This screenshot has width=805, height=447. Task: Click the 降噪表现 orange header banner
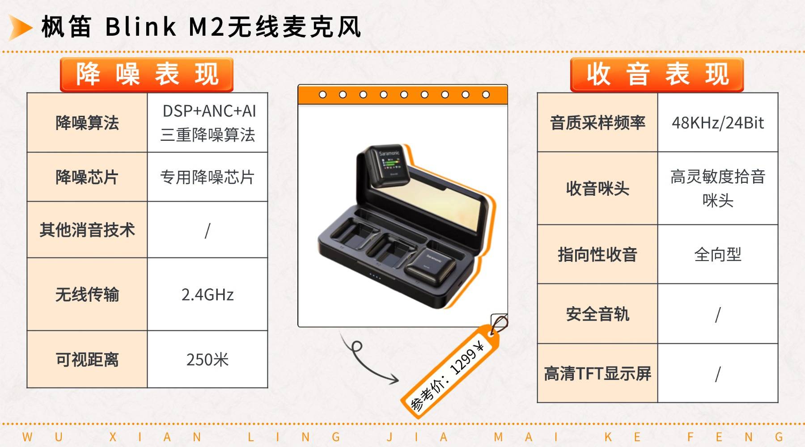point(147,74)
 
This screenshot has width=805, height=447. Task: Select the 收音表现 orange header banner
point(657,74)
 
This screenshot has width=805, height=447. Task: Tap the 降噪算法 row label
point(87,122)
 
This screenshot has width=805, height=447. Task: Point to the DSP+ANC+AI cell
point(208,122)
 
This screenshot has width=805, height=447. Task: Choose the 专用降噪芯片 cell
point(208,177)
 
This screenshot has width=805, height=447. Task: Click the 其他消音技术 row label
point(87,230)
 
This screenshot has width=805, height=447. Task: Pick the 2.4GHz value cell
point(208,295)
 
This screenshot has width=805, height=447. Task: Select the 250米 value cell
point(208,359)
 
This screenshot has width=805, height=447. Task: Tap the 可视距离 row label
point(87,359)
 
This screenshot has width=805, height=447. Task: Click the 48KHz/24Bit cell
point(718,122)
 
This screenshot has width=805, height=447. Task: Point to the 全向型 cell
point(718,254)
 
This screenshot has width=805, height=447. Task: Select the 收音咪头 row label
point(597,188)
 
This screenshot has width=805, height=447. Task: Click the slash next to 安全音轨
point(718,314)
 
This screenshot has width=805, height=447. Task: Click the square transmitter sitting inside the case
point(431,267)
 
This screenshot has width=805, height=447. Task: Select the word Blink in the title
point(141,27)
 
